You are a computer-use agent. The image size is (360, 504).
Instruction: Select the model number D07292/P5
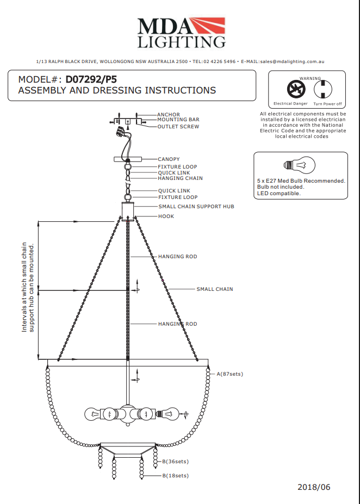pyautogui.click(x=91, y=79)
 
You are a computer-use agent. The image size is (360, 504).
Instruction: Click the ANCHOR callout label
pyautogui.click(x=169, y=115)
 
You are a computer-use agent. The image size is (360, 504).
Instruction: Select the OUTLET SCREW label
pyautogui.click(x=178, y=127)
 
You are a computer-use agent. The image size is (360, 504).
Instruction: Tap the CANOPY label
pyautogui.click(x=169, y=159)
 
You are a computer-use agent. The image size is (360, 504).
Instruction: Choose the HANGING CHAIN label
pyautogui.click(x=180, y=178)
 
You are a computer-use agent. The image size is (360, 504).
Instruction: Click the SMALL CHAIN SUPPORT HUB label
pyautogui.click(x=196, y=207)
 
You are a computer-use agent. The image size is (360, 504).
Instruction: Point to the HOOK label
pyautogui.click(x=166, y=216)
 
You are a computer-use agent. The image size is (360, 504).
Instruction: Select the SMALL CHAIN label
pyautogui.click(x=214, y=289)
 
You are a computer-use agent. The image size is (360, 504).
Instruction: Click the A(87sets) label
pyautogui.click(x=229, y=374)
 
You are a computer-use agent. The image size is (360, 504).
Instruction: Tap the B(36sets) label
pyautogui.click(x=175, y=462)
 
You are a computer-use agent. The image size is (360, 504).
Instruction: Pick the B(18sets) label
pyautogui.click(x=175, y=476)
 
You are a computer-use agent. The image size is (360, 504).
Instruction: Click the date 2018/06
pyautogui.click(x=314, y=487)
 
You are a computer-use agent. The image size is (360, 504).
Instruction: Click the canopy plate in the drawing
pyautogui.click(x=128, y=159)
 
